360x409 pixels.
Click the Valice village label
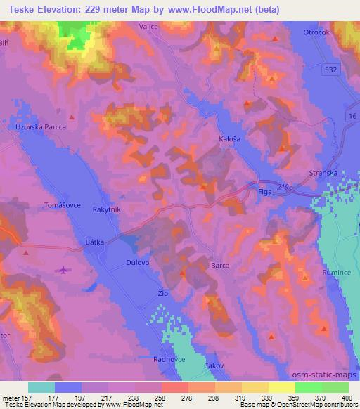click(x=148, y=27)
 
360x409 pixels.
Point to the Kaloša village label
click(x=230, y=140)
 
